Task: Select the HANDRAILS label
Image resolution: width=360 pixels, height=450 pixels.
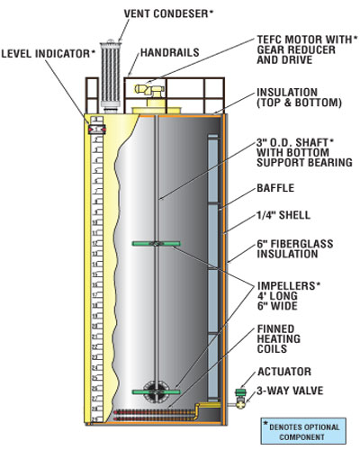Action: coord(170,52)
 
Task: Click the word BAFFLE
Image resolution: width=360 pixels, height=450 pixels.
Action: coord(275,188)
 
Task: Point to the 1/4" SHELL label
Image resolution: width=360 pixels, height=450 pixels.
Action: coord(283,215)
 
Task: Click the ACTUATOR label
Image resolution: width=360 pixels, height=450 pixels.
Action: coord(284,372)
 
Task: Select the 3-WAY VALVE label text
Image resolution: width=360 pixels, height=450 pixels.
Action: coord(290,391)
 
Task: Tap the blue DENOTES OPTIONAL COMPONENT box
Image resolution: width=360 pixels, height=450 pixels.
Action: coord(303,431)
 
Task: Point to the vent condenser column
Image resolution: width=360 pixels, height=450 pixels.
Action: coord(111,74)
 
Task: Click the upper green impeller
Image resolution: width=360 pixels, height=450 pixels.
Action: coord(157,244)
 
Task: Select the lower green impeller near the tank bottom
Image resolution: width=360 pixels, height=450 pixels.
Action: coord(157,391)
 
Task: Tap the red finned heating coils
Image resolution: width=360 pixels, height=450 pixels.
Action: coord(155,416)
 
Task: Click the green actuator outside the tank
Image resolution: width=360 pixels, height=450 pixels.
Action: coord(240,392)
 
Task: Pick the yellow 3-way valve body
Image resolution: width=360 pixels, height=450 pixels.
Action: coord(240,402)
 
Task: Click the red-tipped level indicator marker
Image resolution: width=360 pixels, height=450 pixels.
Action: coord(96,130)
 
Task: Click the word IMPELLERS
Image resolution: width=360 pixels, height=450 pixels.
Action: coord(286,286)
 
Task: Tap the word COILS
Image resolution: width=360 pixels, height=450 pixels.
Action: coord(272,349)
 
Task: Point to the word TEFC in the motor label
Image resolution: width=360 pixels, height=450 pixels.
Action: coord(269,40)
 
